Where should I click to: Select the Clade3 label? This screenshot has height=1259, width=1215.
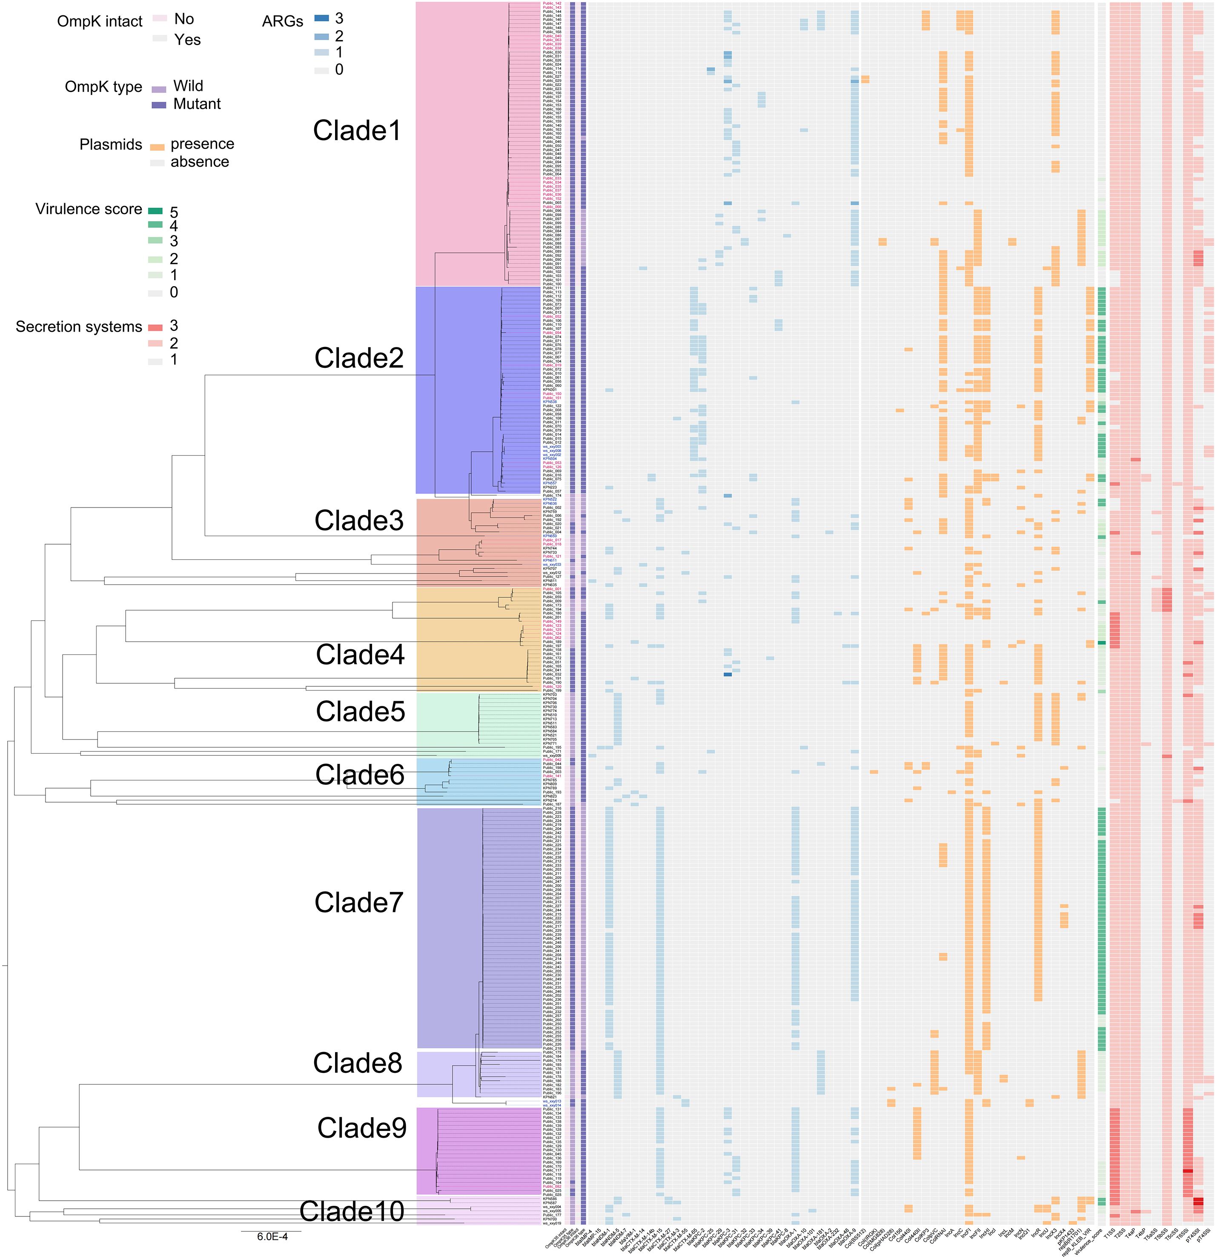coord(358,521)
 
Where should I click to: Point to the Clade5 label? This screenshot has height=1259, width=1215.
coord(360,712)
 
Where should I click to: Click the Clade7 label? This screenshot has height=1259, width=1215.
coord(358,903)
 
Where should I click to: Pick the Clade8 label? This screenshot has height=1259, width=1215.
coord(357,1064)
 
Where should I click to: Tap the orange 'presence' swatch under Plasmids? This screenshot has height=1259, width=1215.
coord(158,147)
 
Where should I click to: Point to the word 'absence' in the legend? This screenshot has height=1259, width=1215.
coord(200,162)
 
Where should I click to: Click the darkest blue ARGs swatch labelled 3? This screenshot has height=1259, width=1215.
coord(321,19)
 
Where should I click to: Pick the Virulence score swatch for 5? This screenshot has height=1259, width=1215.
coord(155,211)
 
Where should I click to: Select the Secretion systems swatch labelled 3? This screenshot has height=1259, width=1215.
coord(155,326)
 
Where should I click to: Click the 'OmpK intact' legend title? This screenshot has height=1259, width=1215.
coord(100,22)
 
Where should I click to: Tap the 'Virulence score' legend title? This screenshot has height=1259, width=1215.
coord(89,209)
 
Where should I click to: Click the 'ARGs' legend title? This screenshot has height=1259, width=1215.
coord(283,22)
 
